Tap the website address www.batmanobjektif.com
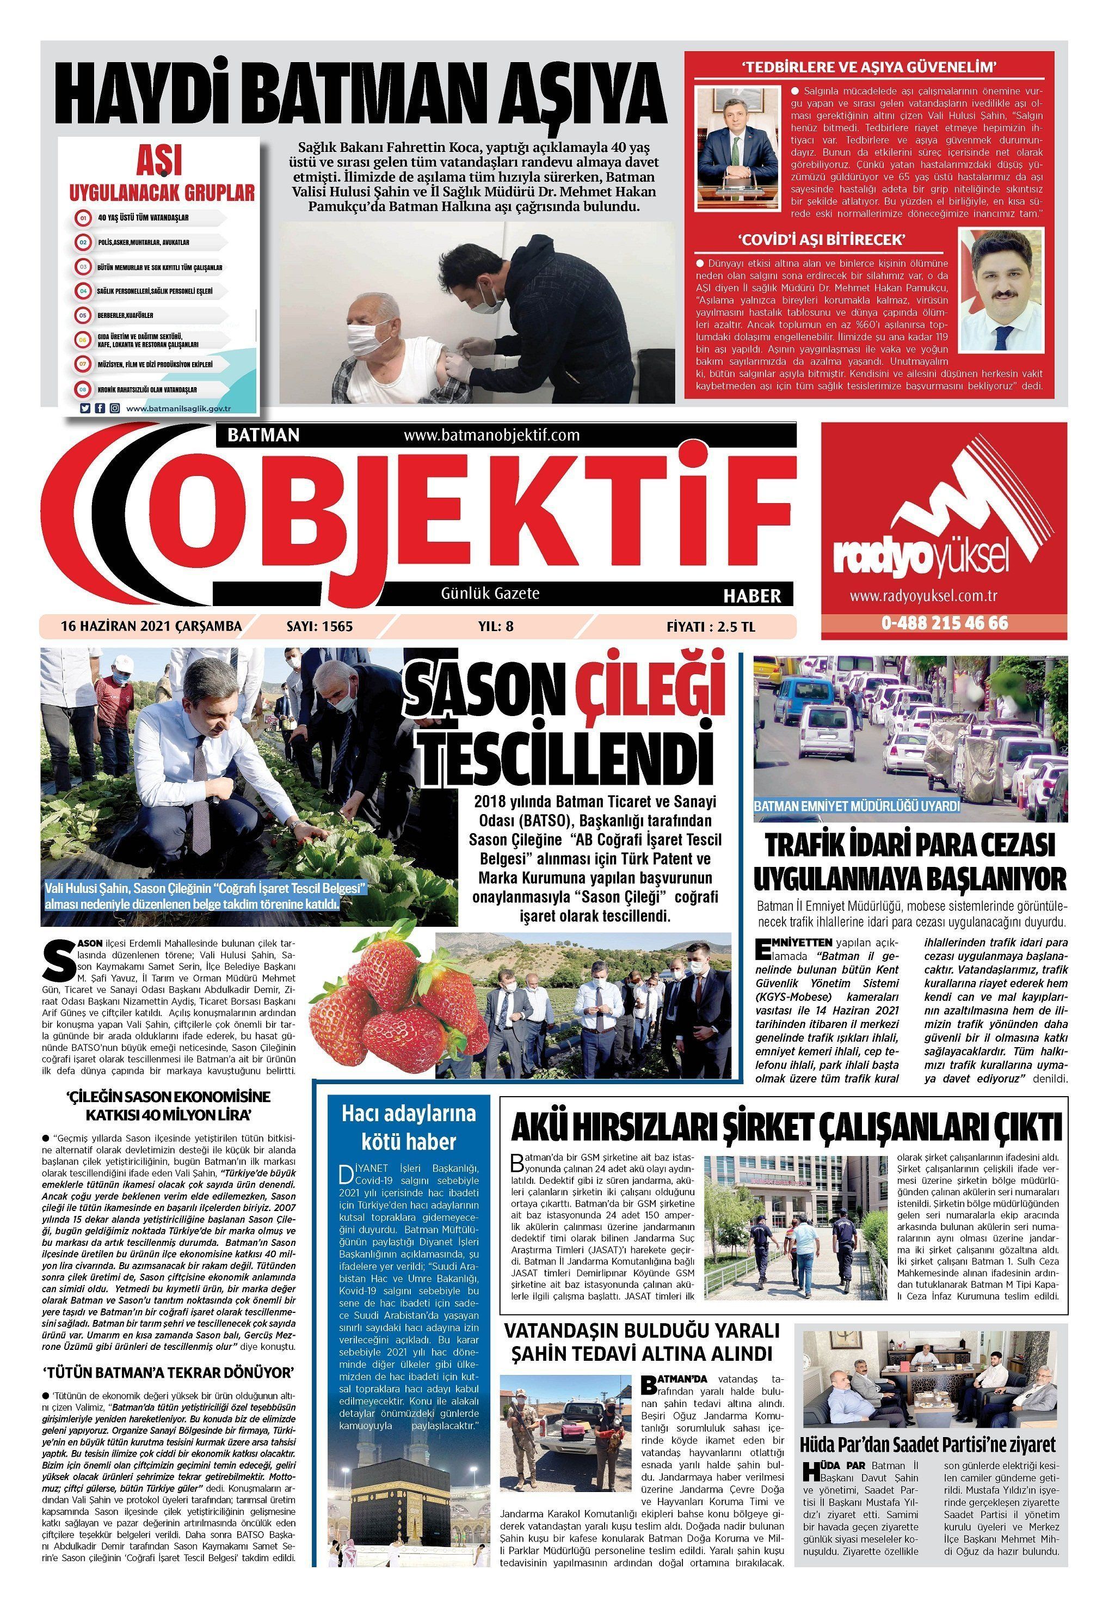(x=491, y=435)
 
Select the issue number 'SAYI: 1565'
(x=319, y=626)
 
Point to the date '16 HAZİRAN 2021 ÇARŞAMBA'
(x=151, y=626)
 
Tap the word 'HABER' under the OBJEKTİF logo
(x=752, y=596)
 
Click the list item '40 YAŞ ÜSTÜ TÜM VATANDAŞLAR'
(x=143, y=218)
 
